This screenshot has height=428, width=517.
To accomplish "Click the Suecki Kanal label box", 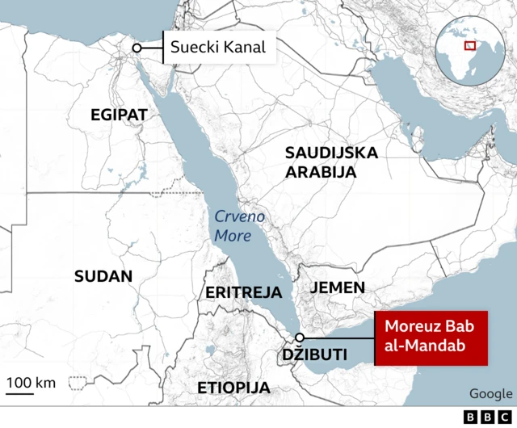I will [x=217, y=48].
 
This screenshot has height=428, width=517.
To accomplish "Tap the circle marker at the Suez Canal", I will [x=137, y=48].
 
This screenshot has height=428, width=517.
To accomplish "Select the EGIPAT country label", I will [x=119, y=115].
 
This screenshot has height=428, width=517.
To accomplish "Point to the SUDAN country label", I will [x=103, y=276].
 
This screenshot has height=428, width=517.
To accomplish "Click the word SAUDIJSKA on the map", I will [x=331, y=153].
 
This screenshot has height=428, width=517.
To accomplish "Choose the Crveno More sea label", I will [x=233, y=226].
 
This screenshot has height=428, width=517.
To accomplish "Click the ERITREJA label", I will [x=244, y=292].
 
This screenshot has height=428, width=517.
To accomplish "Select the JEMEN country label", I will [x=338, y=287].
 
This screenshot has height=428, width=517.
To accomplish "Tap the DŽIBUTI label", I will [x=314, y=355].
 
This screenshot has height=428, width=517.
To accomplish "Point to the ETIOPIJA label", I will [x=233, y=388].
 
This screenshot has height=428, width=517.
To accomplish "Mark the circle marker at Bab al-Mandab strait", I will [x=300, y=338].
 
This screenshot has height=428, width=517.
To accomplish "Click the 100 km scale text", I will [x=32, y=381].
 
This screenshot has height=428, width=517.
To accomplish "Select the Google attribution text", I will [x=490, y=393].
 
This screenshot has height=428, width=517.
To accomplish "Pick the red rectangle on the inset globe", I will [x=469, y=44].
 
